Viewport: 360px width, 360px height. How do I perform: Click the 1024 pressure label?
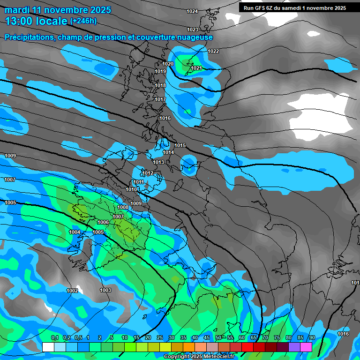[192, 11]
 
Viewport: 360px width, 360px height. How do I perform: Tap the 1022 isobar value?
[213, 51]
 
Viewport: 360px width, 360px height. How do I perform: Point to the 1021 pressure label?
[196, 68]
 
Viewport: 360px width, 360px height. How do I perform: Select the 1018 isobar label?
[160, 85]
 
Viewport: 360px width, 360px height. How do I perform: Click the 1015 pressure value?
[180, 145]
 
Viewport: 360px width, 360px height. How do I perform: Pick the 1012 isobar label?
[148, 173]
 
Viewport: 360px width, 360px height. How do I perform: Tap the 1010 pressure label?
[131, 189]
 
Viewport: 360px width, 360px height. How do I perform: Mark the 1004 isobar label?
[75, 232]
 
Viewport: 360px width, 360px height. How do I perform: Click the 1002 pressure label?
[72, 291]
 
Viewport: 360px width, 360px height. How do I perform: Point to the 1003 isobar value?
[105, 290]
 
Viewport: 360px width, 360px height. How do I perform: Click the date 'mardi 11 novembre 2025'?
[58, 10]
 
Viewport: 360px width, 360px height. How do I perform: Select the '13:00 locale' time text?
[36, 21]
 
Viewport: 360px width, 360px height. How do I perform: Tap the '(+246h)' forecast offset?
[83, 21]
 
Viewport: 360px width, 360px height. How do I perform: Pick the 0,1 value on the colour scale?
[54, 338]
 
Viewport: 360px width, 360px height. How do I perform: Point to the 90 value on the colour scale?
[312, 338]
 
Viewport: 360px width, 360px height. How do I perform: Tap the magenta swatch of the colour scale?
[306, 347]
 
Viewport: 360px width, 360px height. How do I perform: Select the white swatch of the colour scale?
[48, 347]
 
